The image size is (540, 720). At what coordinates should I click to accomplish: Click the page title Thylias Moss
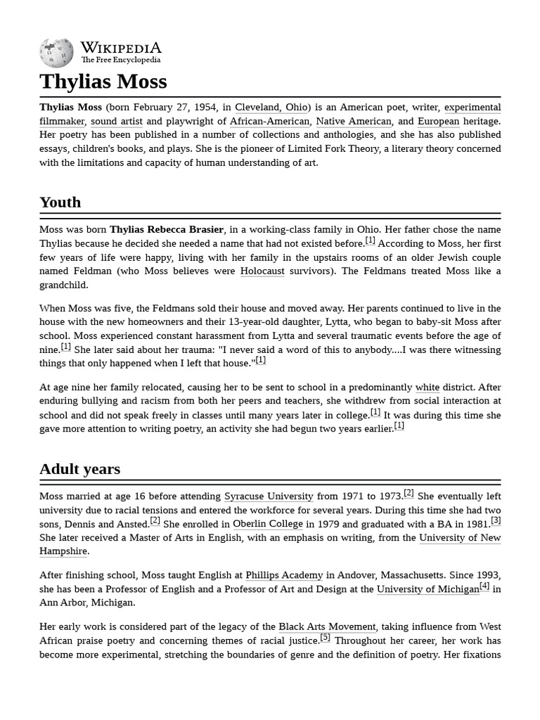(103, 82)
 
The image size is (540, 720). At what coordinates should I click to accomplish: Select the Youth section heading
(60, 202)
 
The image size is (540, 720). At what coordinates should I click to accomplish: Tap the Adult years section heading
(79, 469)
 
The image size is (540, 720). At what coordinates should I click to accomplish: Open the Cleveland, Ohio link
(271, 108)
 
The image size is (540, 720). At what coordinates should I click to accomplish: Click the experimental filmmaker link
(472, 108)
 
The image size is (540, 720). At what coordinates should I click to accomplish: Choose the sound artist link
(117, 121)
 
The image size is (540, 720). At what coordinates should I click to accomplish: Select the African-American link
(269, 121)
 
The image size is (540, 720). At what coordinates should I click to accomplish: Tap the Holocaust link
(262, 271)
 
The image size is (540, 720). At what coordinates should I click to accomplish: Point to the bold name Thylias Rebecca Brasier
(167, 230)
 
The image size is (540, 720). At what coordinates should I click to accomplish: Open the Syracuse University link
(269, 496)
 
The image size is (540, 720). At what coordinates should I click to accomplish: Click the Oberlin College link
(268, 524)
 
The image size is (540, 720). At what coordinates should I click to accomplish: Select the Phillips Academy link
(284, 575)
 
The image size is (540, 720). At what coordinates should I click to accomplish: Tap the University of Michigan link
(427, 589)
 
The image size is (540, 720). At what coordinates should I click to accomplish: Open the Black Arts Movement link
(327, 626)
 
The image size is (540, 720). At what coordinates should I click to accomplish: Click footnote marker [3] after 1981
(496, 520)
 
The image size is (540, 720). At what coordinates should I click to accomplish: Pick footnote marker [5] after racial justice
(325, 637)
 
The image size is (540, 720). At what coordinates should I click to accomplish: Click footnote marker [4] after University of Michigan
(484, 586)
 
